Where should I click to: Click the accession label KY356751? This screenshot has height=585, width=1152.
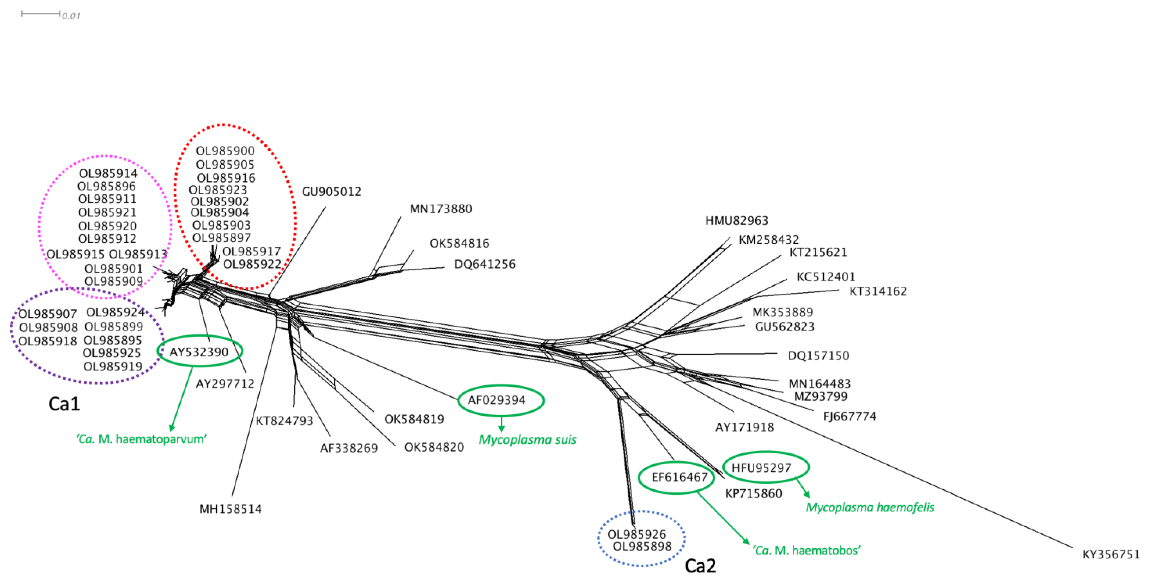pyautogui.click(x=1111, y=555)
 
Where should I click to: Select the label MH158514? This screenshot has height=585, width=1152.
pyautogui.click(x=231, y=509)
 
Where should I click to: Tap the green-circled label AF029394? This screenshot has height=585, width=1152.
pyautogui.click(x=496, y=400)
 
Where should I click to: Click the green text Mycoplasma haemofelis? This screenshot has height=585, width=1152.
pyautogui.click(x=870, y=507)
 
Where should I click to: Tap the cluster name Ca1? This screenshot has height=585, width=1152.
pyautogui.click(x=64, y=404)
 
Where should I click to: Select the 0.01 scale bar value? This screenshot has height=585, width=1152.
pyautogui.click(x=71, y=16)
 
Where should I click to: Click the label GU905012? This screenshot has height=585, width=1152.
pyautogui.click(x=331, y=192)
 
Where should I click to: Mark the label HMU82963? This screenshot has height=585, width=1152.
pyautogui.click(x=737, y=221)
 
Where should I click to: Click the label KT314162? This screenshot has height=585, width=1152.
pyautogui.click(x=878, y=291)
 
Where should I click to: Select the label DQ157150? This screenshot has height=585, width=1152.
pyautogui.click(x=818, y=356)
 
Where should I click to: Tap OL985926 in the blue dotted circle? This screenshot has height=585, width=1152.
pyautogui.click(x=636, y=534)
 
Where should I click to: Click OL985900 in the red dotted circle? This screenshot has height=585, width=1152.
pyautogui.click(x=225, y=151)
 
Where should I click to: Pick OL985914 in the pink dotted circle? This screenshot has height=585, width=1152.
pyautogui.click(x=108, y=173)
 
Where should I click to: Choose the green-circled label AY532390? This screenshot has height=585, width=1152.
pyautogui.click(x=199, y=352)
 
